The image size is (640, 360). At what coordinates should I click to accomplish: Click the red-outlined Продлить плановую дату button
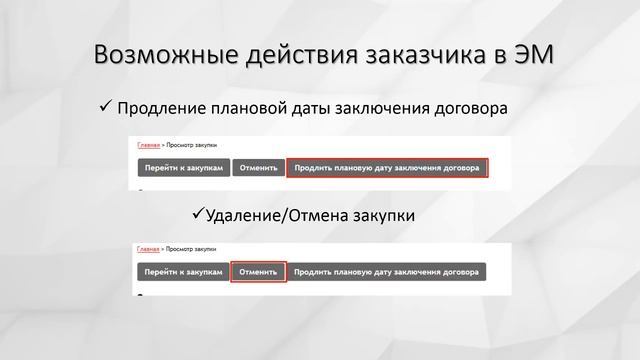click(x=388, y=168)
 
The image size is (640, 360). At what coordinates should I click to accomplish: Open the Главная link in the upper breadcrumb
click(x=149, y=145)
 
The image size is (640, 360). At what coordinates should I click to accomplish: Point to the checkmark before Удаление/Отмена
click(x=197, y=214)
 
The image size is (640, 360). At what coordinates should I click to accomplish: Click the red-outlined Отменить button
click(x=258, y=272)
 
